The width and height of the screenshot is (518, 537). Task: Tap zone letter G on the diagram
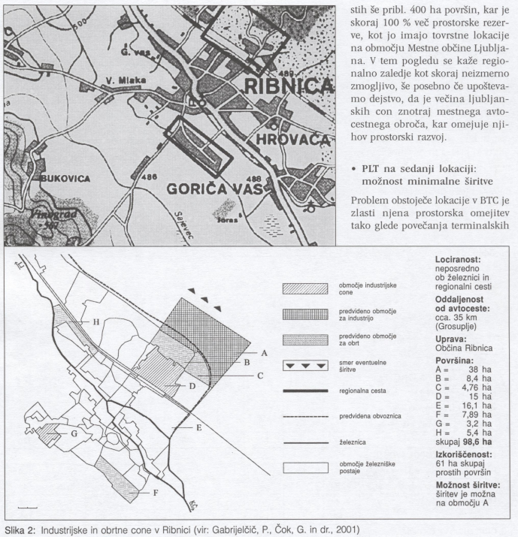74,433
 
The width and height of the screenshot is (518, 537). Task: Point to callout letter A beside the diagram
265,352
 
